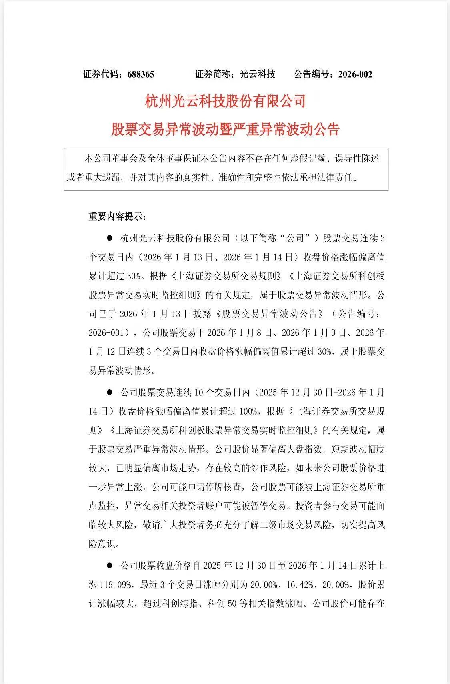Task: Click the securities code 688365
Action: click(x=141, y=74)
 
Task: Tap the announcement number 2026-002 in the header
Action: click(x=355, y=74)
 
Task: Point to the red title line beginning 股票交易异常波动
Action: click(x=225, y=129)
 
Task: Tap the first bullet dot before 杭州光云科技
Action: click(x=109, y=238)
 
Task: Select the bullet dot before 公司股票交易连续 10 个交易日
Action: click(x=109, y=393)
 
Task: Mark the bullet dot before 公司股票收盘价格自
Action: click(x=109, y=566)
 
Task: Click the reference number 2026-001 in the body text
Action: click(x=107, y=332)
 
